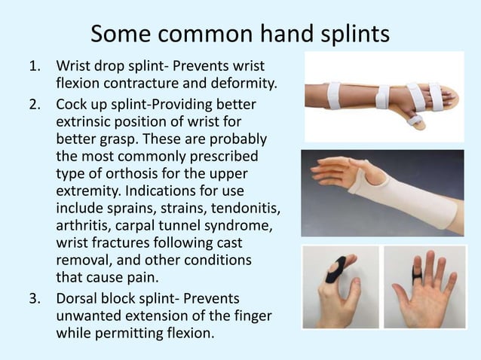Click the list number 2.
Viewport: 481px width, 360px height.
33,103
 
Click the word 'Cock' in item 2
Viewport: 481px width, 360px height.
73,103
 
